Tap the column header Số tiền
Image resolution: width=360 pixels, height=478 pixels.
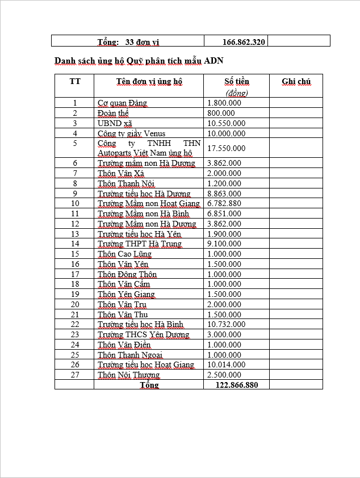tap(237, 82)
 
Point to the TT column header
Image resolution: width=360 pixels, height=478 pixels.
tap(75, 81)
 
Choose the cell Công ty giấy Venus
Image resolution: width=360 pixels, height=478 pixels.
tap(132, 133)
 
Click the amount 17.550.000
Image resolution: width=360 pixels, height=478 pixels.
tap(227, 148)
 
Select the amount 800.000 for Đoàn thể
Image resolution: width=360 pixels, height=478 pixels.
tap(221, 113)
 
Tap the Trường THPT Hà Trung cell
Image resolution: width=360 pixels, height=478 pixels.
tap(140, 244)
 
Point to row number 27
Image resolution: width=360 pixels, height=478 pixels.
tap(75, 375)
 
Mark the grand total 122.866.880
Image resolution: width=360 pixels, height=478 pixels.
tap(237, 385)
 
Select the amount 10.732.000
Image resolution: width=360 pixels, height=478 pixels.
tap(227, 324)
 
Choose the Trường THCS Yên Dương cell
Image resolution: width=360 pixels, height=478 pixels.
tap(144, 334)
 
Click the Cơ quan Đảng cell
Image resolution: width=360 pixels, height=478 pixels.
tap(122, 103)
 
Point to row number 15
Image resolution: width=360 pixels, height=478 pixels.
tap(75, 254)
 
